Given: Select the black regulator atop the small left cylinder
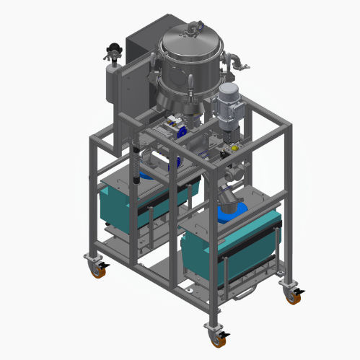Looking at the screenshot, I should (x=111, y=50).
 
